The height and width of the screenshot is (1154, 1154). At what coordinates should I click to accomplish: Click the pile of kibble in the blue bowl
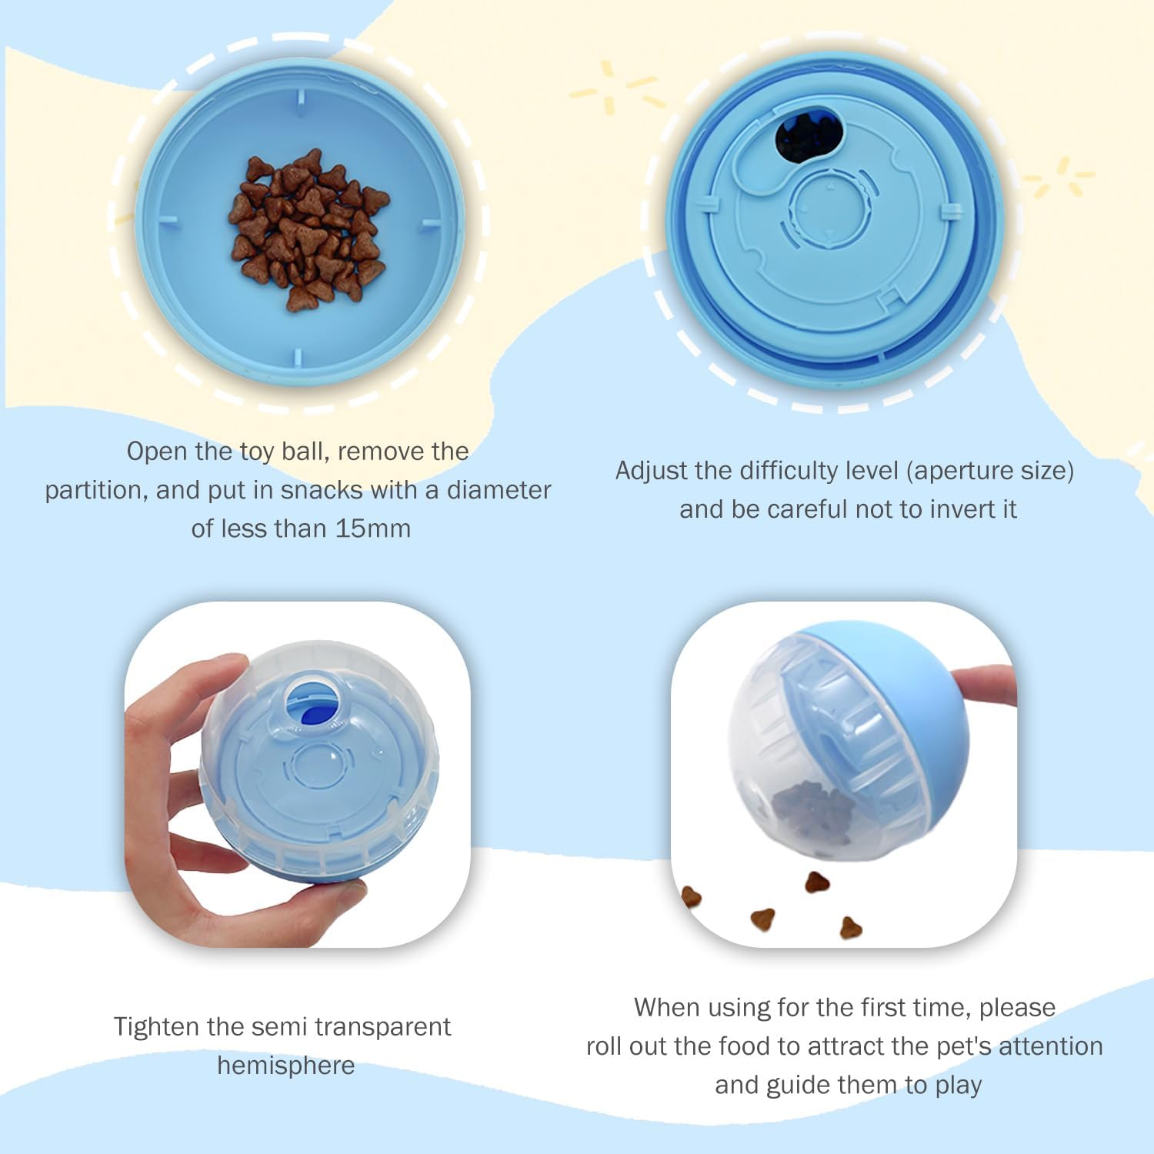click(309, 229)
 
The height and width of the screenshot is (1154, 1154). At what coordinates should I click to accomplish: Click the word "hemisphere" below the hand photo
click(286, 1066)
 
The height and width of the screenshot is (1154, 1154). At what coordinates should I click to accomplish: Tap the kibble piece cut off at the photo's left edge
click(690, 897)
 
